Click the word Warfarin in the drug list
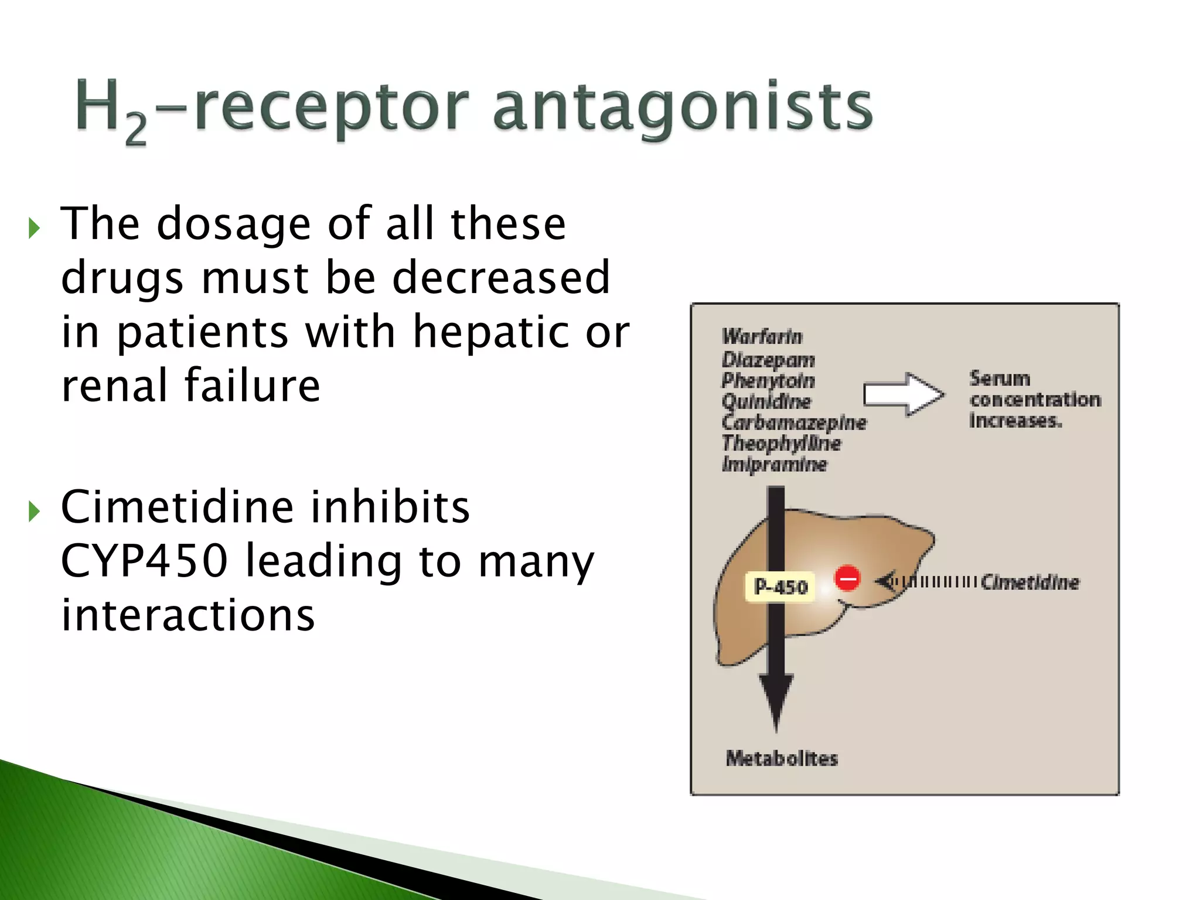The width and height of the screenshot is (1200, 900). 762,337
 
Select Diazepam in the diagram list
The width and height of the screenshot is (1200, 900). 768,359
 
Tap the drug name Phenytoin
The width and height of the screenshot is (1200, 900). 768,381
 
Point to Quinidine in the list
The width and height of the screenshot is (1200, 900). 766,402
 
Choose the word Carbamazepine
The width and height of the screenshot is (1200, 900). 794,422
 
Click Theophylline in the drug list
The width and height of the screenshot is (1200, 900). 781,444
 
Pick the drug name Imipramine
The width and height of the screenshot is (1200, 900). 774,465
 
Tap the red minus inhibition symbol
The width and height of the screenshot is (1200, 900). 847,579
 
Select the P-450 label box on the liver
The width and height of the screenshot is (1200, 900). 780,587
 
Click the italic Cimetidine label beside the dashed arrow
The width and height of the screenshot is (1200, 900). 1030,582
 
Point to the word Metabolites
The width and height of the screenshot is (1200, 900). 782,758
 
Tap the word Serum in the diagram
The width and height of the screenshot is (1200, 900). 1000,379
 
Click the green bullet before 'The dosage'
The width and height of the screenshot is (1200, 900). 34,228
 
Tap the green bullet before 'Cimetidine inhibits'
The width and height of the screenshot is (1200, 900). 34,512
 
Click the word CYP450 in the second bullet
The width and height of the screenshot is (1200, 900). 144,561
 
